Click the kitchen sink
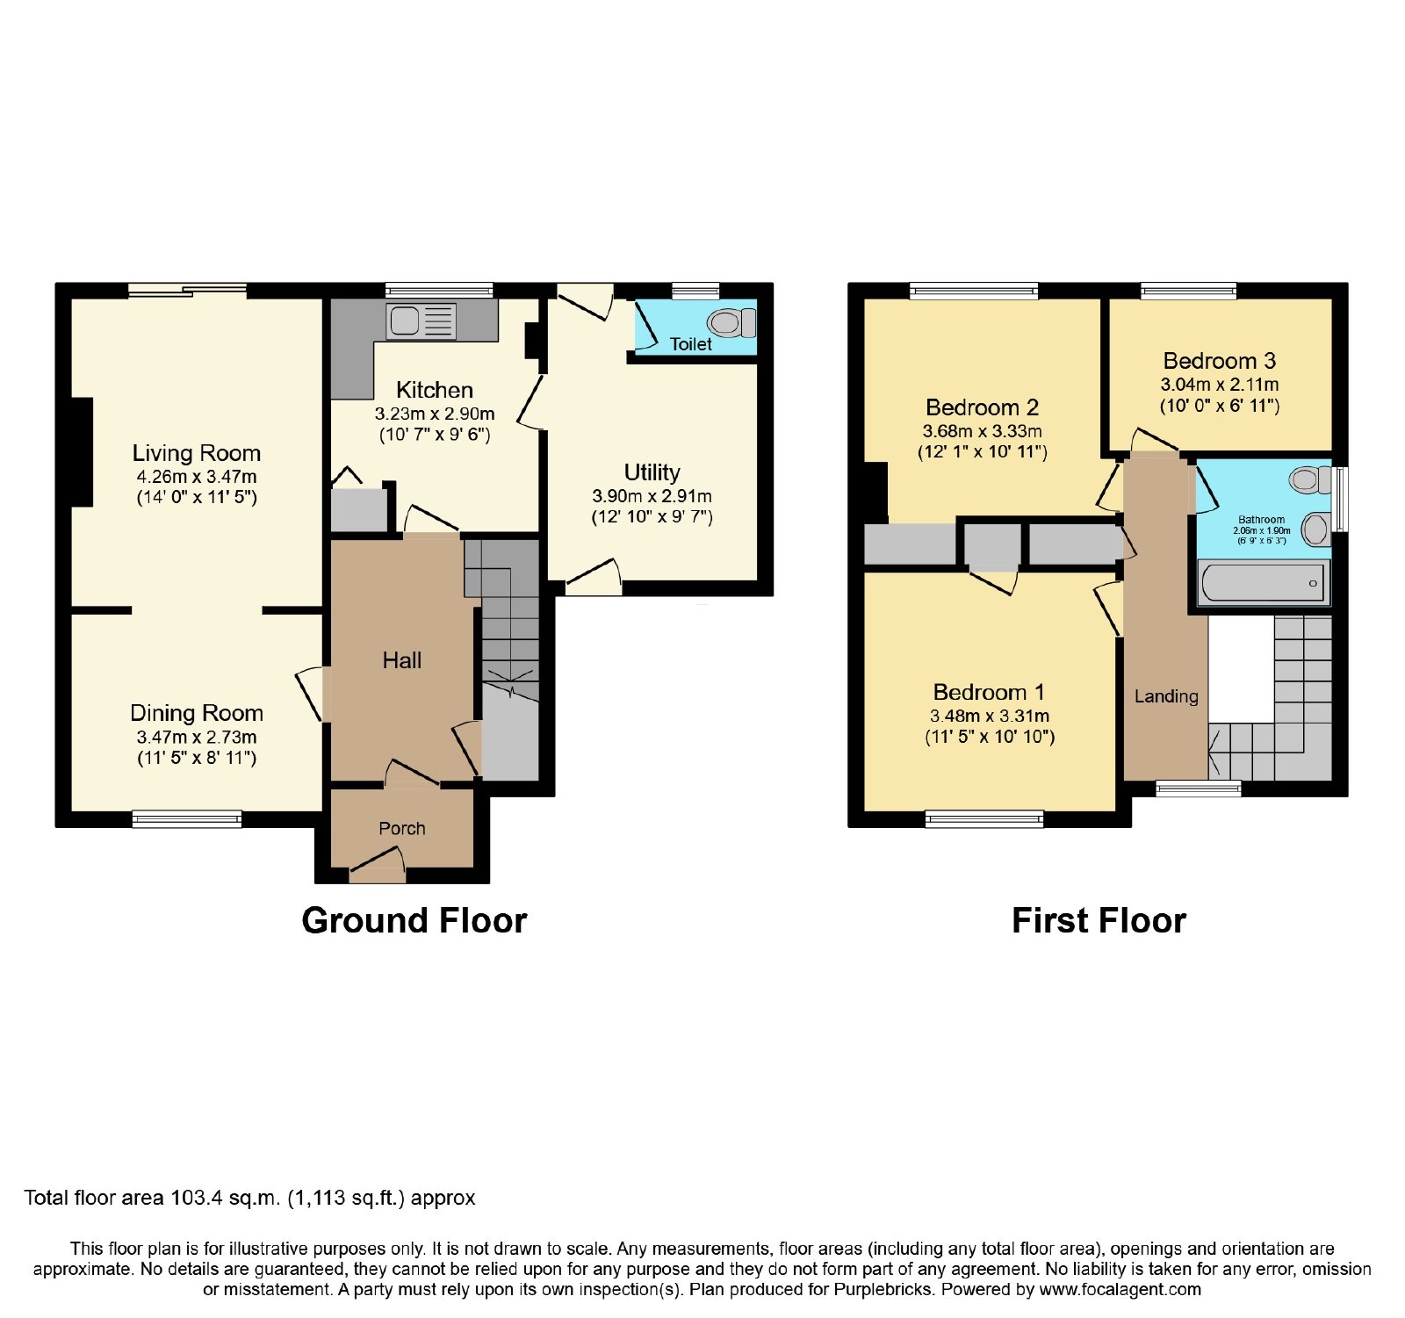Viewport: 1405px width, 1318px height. (x=421, y=321)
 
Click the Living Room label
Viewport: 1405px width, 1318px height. (x=197, y=453)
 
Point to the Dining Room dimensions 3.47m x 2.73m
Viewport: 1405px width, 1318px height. (x=197, y=738)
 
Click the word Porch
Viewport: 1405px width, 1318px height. (x=402, y=828)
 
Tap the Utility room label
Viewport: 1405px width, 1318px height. (x=652, y=472)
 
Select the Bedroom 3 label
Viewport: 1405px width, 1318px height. (x=1220, y=361)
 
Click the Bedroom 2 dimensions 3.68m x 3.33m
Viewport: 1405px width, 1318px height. (x=983, y=431)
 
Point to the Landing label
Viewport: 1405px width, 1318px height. (x=1166, y=696)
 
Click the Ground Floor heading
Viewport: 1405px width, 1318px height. (x=414, y=920)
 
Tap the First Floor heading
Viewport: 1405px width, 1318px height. (x=1099, y=920)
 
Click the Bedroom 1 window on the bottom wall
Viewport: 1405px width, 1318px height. (x=984, y=819)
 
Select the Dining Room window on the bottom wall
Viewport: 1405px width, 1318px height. (x=187, y=819)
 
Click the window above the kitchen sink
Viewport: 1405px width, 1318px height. (x=439, y=290)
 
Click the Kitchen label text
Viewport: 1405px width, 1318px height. (x=435, y=390)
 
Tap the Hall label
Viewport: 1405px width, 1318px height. (x=402, y=660)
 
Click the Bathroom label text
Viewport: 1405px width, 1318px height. (x=1262, y=520)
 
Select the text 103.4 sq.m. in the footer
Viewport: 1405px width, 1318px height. (x=223, y=1198)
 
